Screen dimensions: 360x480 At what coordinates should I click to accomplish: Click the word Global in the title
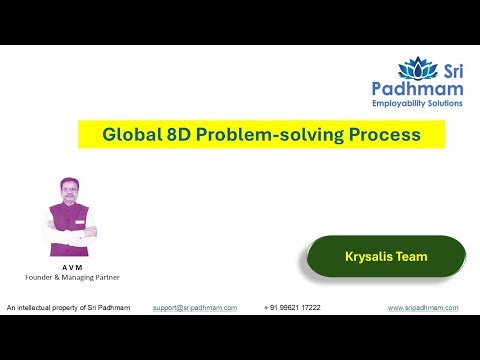coord(129,134)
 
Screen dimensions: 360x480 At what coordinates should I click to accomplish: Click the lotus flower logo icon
coord(418,69)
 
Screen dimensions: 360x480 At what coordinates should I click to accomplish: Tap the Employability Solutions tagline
coord(432,104)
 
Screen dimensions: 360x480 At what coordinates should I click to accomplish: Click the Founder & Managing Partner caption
coord(71,278)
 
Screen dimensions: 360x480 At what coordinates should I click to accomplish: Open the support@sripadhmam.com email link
coord(194,308)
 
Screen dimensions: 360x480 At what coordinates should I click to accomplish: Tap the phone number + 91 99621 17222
coord(292,308)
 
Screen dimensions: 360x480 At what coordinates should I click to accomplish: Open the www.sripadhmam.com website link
coord(423,308)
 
